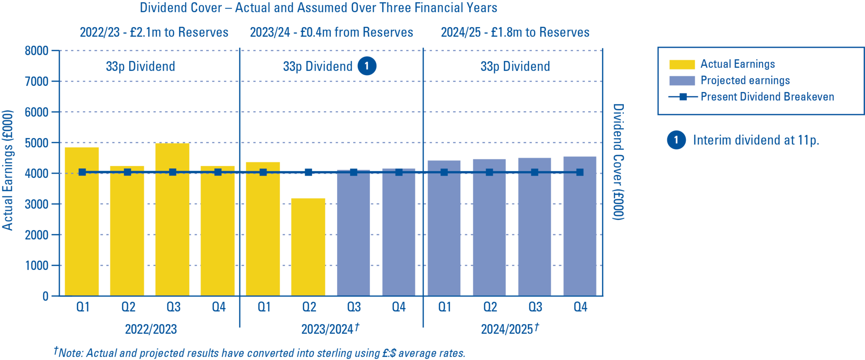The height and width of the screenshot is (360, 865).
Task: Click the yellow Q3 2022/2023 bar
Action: point(172,220)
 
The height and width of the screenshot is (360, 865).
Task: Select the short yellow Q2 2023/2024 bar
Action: point(308,247)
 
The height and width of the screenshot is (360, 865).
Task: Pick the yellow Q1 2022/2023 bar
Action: point(82,221)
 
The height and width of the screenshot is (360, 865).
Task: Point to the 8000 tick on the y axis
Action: point(37,51)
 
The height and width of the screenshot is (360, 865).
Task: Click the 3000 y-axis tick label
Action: point(37,204)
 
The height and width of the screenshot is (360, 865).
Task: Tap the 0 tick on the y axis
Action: point(45,296)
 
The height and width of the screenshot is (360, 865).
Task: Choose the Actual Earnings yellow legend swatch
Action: point(682,64)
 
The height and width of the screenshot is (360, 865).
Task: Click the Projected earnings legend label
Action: point(745,80)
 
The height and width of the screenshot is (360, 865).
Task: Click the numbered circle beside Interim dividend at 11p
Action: point(676,140)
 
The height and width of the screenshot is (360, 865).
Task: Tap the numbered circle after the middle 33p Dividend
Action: point(367,66)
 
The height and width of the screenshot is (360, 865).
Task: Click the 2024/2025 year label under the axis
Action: point(507,329)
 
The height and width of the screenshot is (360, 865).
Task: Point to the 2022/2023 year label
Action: point(151,329)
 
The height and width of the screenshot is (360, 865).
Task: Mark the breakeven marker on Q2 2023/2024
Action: point(308,172)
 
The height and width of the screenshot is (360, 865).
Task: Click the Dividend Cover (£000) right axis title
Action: point(618,162)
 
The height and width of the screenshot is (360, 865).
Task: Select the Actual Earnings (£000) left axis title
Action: point(8,170)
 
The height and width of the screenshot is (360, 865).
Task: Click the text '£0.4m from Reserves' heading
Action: point(356,33)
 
